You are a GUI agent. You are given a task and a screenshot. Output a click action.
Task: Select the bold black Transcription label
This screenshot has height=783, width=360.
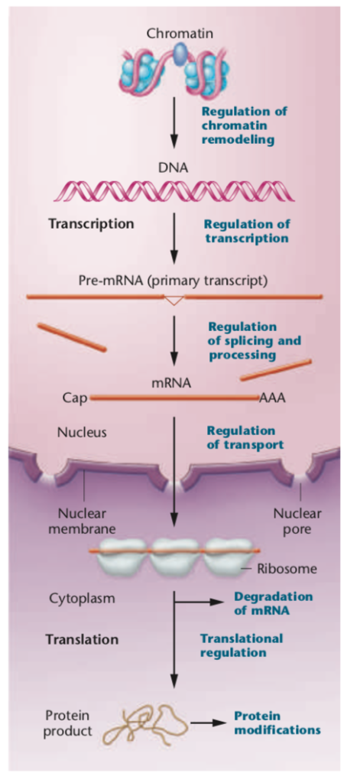coord(91,225)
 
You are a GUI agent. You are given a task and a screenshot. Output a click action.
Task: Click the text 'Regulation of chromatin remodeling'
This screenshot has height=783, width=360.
coord(245,126)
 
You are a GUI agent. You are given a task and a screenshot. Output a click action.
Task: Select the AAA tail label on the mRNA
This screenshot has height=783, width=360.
coord(273,398)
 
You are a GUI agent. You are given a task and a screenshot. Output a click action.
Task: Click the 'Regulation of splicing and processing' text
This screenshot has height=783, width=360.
coord(254,340)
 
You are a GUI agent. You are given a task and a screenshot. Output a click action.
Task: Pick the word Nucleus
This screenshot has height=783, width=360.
coord(82,432)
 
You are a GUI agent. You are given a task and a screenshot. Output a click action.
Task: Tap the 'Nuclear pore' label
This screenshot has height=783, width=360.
coord(297,521)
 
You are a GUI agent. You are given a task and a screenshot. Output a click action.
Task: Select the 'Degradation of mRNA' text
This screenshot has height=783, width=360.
coord(262,602)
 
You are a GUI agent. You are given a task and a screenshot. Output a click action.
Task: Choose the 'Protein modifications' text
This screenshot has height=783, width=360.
coord(276,723)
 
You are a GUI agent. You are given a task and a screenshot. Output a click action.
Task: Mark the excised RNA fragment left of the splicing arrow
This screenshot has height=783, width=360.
coord(72,336)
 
